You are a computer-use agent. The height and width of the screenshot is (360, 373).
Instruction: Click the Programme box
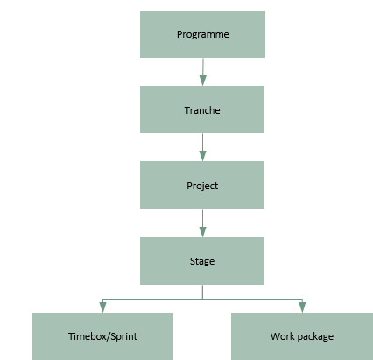tap(202, 34)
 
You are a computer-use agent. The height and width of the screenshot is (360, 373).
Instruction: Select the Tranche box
tap(202, 109)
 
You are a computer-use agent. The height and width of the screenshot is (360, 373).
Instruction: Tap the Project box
tap(202, 185)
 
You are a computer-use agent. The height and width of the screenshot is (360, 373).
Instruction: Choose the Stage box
tap(202, 261)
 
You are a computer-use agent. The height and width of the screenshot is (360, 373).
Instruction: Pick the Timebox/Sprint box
tap(102, 336)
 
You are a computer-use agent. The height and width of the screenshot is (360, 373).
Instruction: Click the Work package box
tap(302, 336)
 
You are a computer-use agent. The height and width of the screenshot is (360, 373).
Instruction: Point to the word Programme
tap(203, 35)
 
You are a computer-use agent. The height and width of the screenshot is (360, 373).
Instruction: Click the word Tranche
tap(202, 110)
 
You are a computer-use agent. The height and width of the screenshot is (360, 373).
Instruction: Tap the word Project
tap(202, 186)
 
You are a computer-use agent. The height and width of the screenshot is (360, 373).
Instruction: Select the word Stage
tap(202, 261)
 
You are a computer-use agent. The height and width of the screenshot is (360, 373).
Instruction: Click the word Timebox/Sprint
tap(102, 336)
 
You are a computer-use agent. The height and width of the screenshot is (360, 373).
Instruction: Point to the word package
tap(316, 337)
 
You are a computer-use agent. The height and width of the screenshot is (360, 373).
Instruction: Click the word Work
tap(283, 336)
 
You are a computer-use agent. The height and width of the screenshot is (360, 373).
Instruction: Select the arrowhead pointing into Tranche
tap(203, 81)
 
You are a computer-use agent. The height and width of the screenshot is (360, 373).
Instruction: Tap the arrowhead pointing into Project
tap(202, 156)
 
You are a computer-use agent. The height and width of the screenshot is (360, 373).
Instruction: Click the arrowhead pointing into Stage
tap(202, 232)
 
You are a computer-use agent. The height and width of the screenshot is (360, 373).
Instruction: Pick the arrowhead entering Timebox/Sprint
tap(102, 307)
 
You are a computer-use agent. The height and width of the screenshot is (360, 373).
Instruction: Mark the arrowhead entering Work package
tap(302, 307)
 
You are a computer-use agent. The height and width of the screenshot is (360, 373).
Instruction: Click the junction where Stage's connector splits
tap(202, 299)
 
